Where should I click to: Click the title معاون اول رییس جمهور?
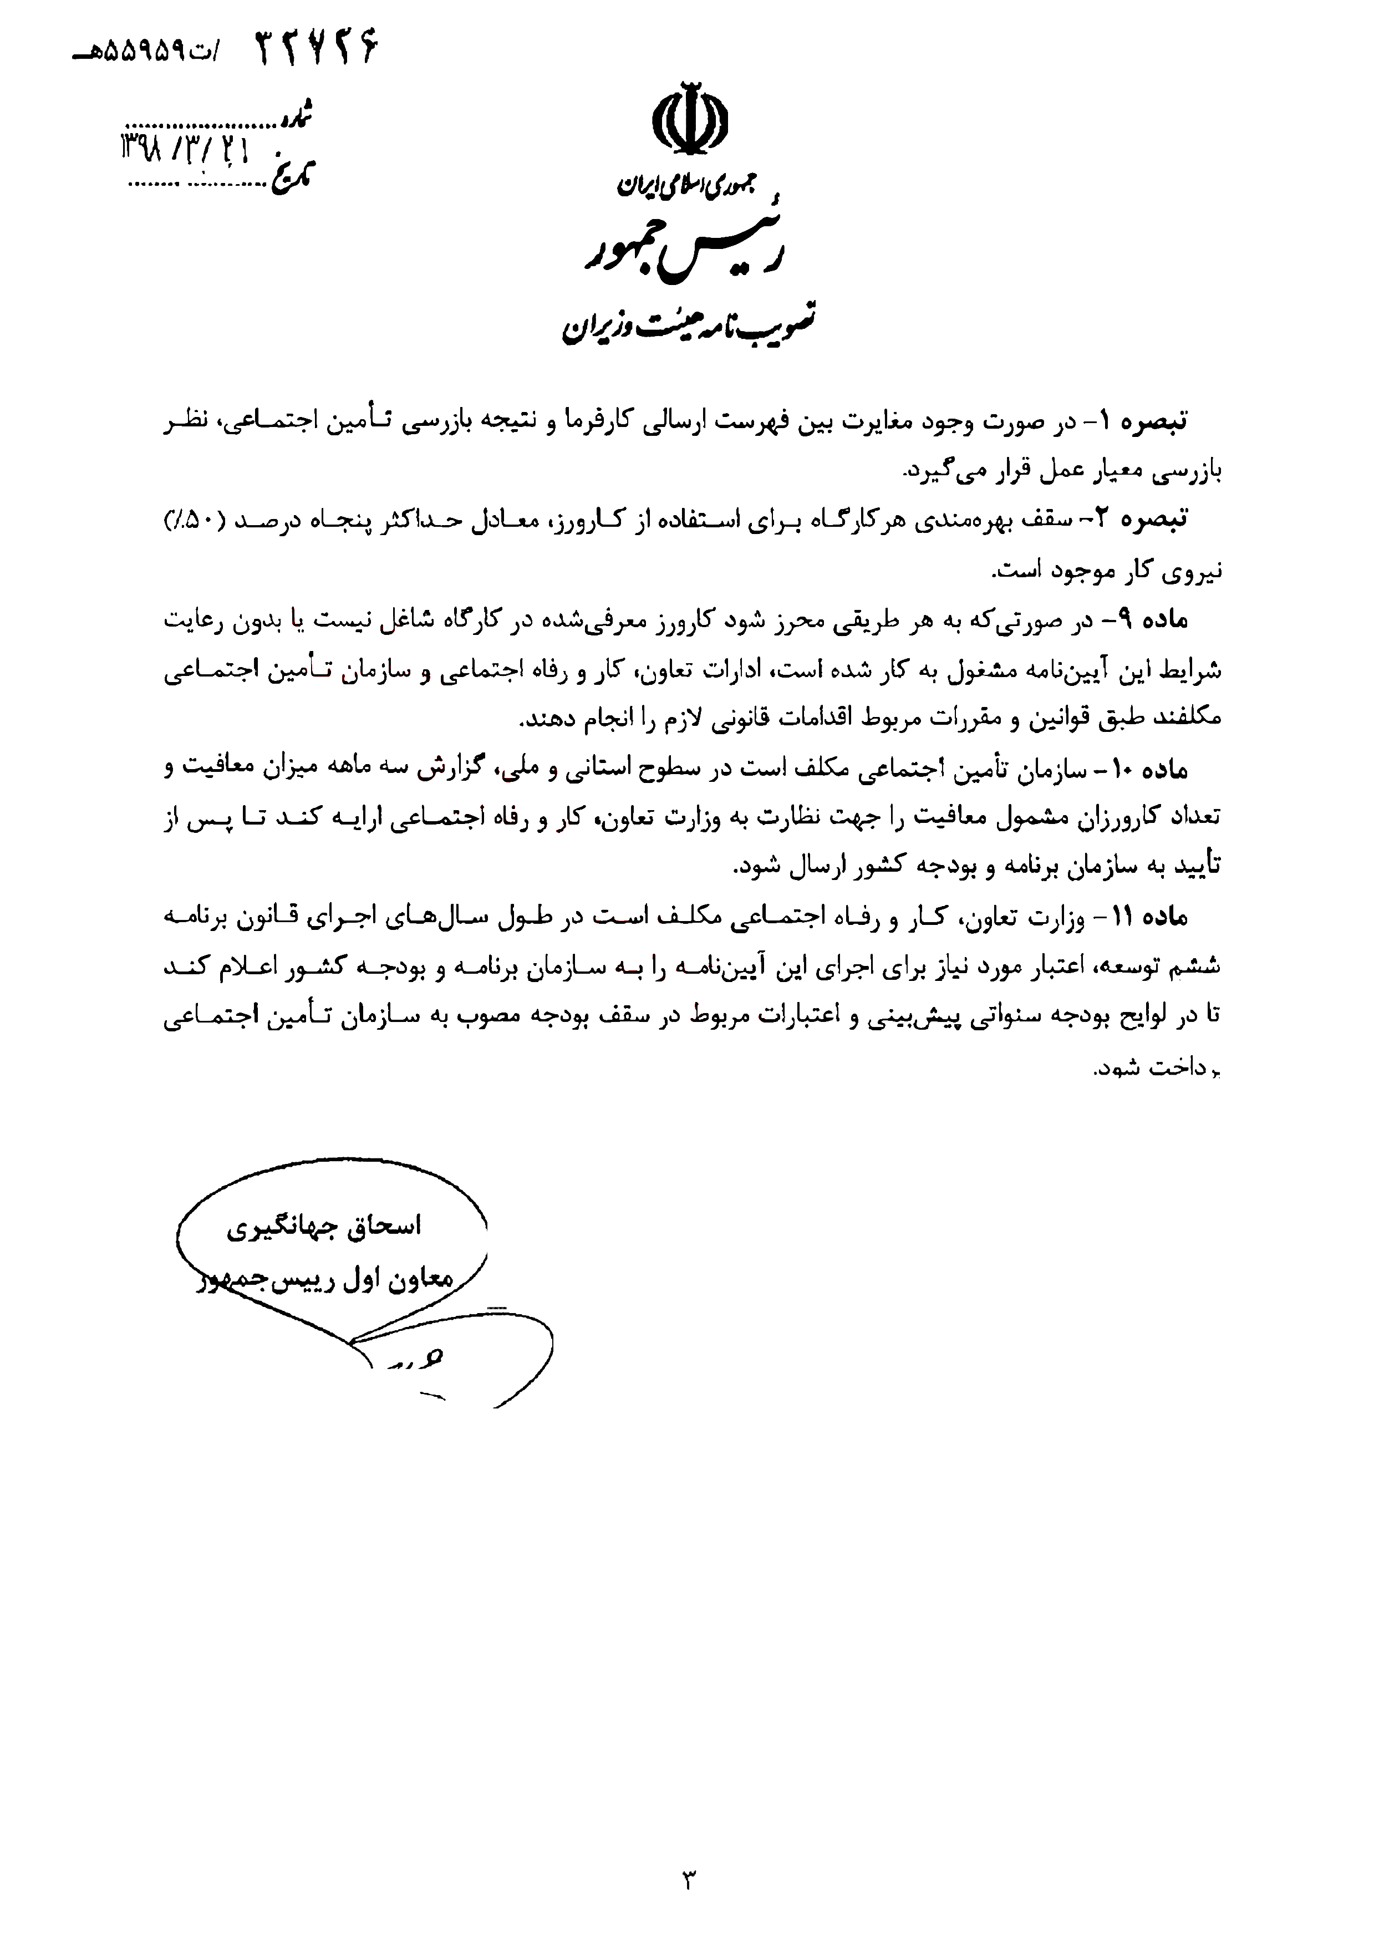tap(325, 1280)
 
